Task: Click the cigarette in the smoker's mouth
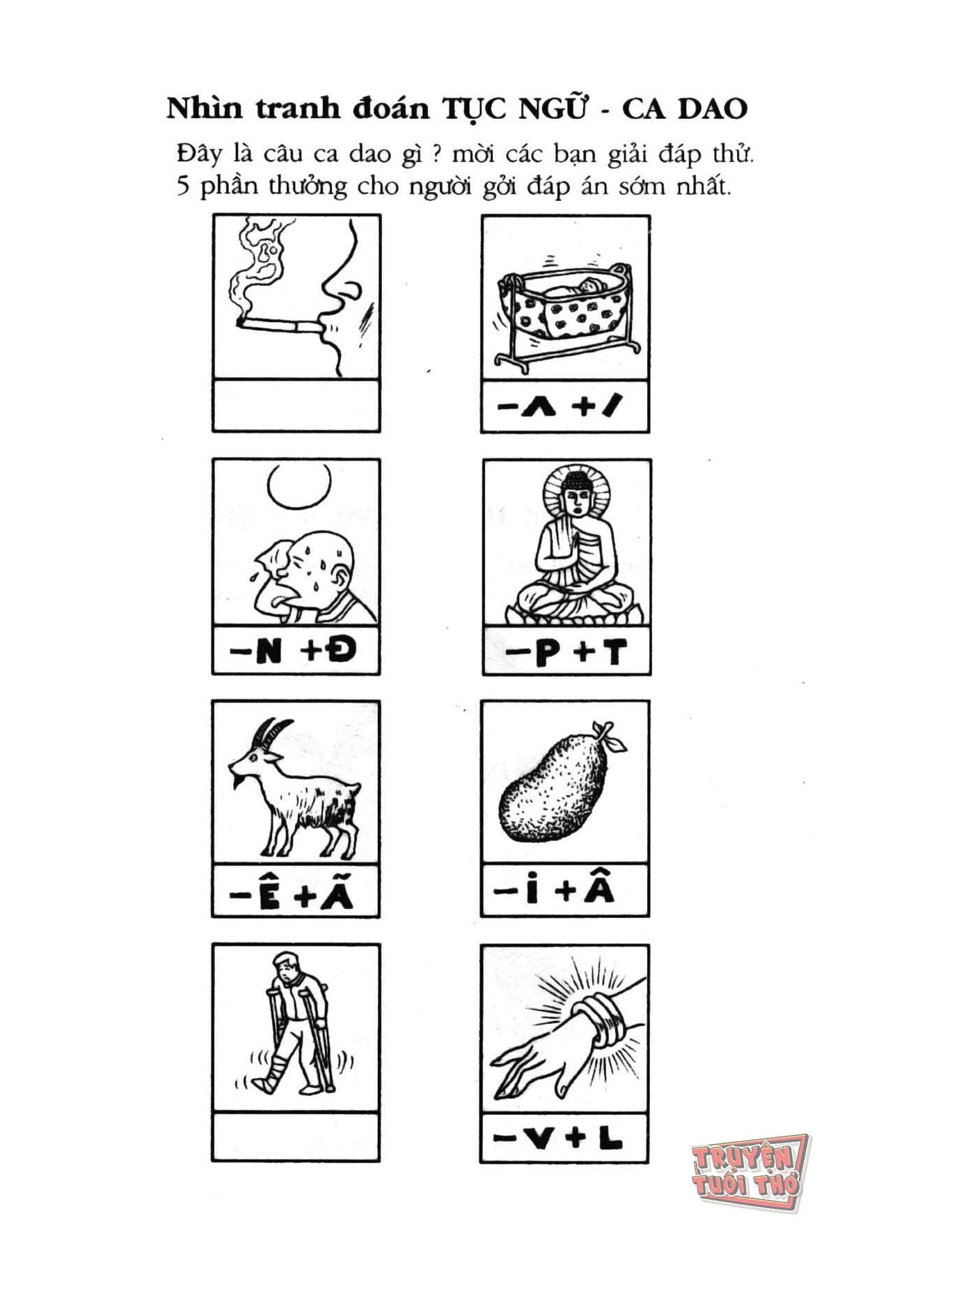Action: pos(278,325)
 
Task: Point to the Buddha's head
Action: pos(576,494)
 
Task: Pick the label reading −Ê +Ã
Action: pos(292,894)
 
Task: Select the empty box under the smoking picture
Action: pos(296,405)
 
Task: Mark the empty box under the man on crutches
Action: pos(296,1136)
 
